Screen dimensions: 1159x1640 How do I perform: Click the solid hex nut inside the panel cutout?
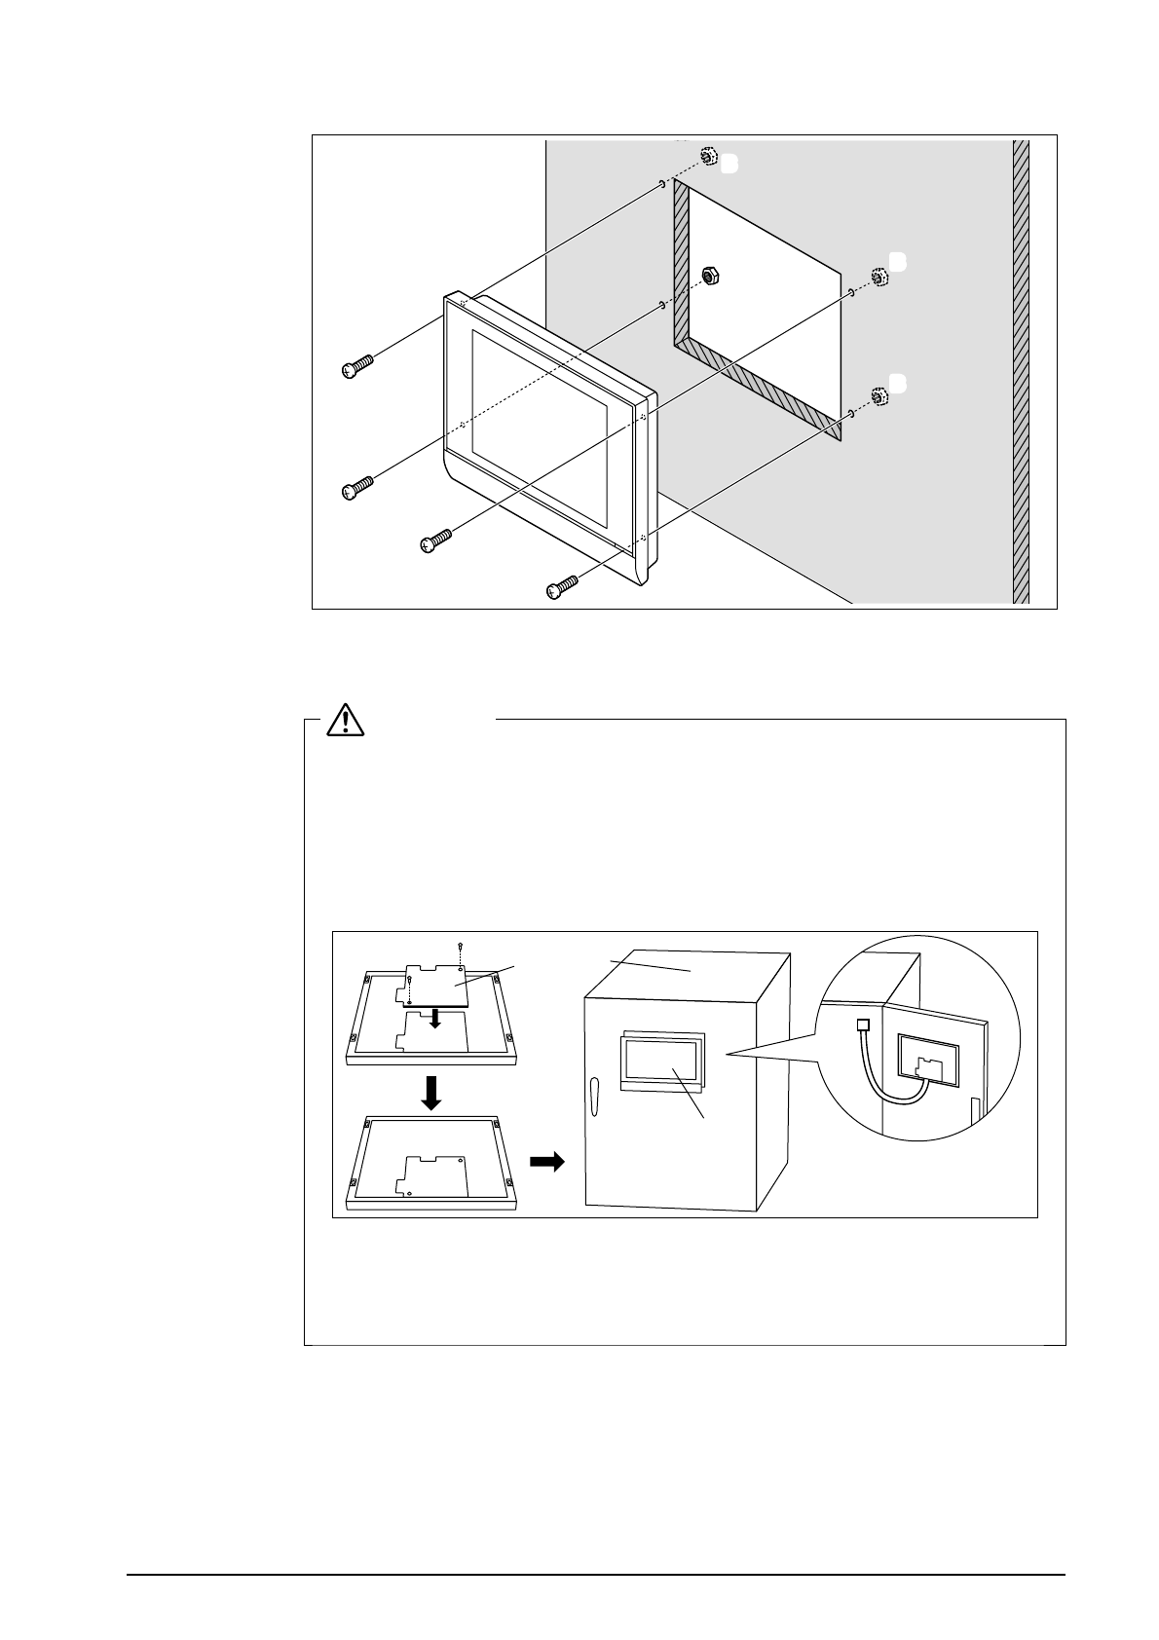pos(711,276)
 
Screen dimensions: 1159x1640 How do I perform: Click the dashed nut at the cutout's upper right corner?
pos(879,277)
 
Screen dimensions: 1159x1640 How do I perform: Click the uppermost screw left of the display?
pos(357,367)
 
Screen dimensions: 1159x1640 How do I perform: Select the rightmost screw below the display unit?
pos(561,586)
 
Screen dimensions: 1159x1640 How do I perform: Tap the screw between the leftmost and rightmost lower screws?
pos(436,540)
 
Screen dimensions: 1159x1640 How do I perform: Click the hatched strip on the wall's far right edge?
pos(1021,370)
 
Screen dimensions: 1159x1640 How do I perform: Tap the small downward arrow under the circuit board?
pos(436,1018)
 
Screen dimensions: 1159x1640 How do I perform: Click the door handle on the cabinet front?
pos(595,1097)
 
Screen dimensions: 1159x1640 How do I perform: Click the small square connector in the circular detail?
pos(861,1025)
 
